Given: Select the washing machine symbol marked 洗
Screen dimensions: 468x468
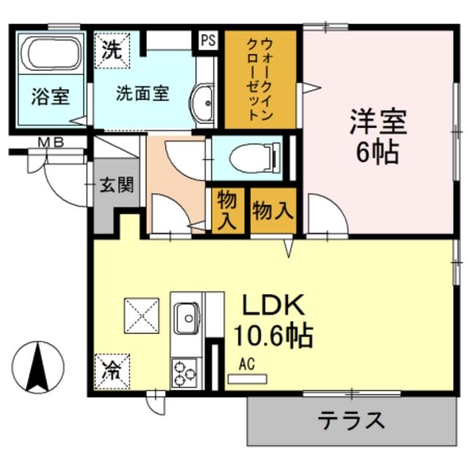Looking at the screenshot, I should (x=111, y=50).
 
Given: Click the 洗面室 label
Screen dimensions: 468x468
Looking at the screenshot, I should (x=143, y=94).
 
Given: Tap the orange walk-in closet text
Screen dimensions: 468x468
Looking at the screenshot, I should (x=260, y=77).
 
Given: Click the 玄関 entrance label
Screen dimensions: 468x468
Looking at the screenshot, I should (x=118, y=184).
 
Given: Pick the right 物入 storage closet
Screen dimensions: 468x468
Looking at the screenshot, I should (x=273, y=211).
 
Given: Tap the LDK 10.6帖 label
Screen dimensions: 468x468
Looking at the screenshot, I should (x=272, y=322).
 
